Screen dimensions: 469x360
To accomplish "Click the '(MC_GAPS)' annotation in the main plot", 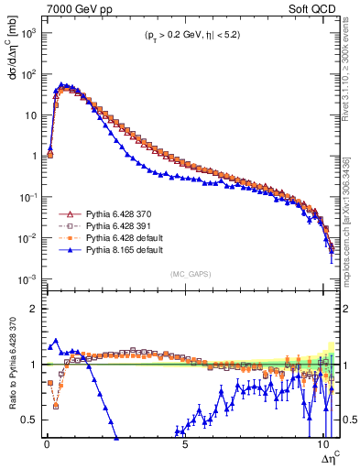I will coord(189,273).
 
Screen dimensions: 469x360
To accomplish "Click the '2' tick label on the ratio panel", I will coord(34,309).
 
